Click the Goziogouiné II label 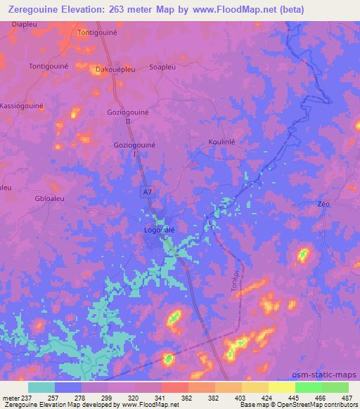coord(128,116)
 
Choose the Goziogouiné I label coord(134,148)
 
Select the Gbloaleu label coord(49,198)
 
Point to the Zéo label coord(323,204)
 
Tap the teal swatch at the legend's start coord(41,387)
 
